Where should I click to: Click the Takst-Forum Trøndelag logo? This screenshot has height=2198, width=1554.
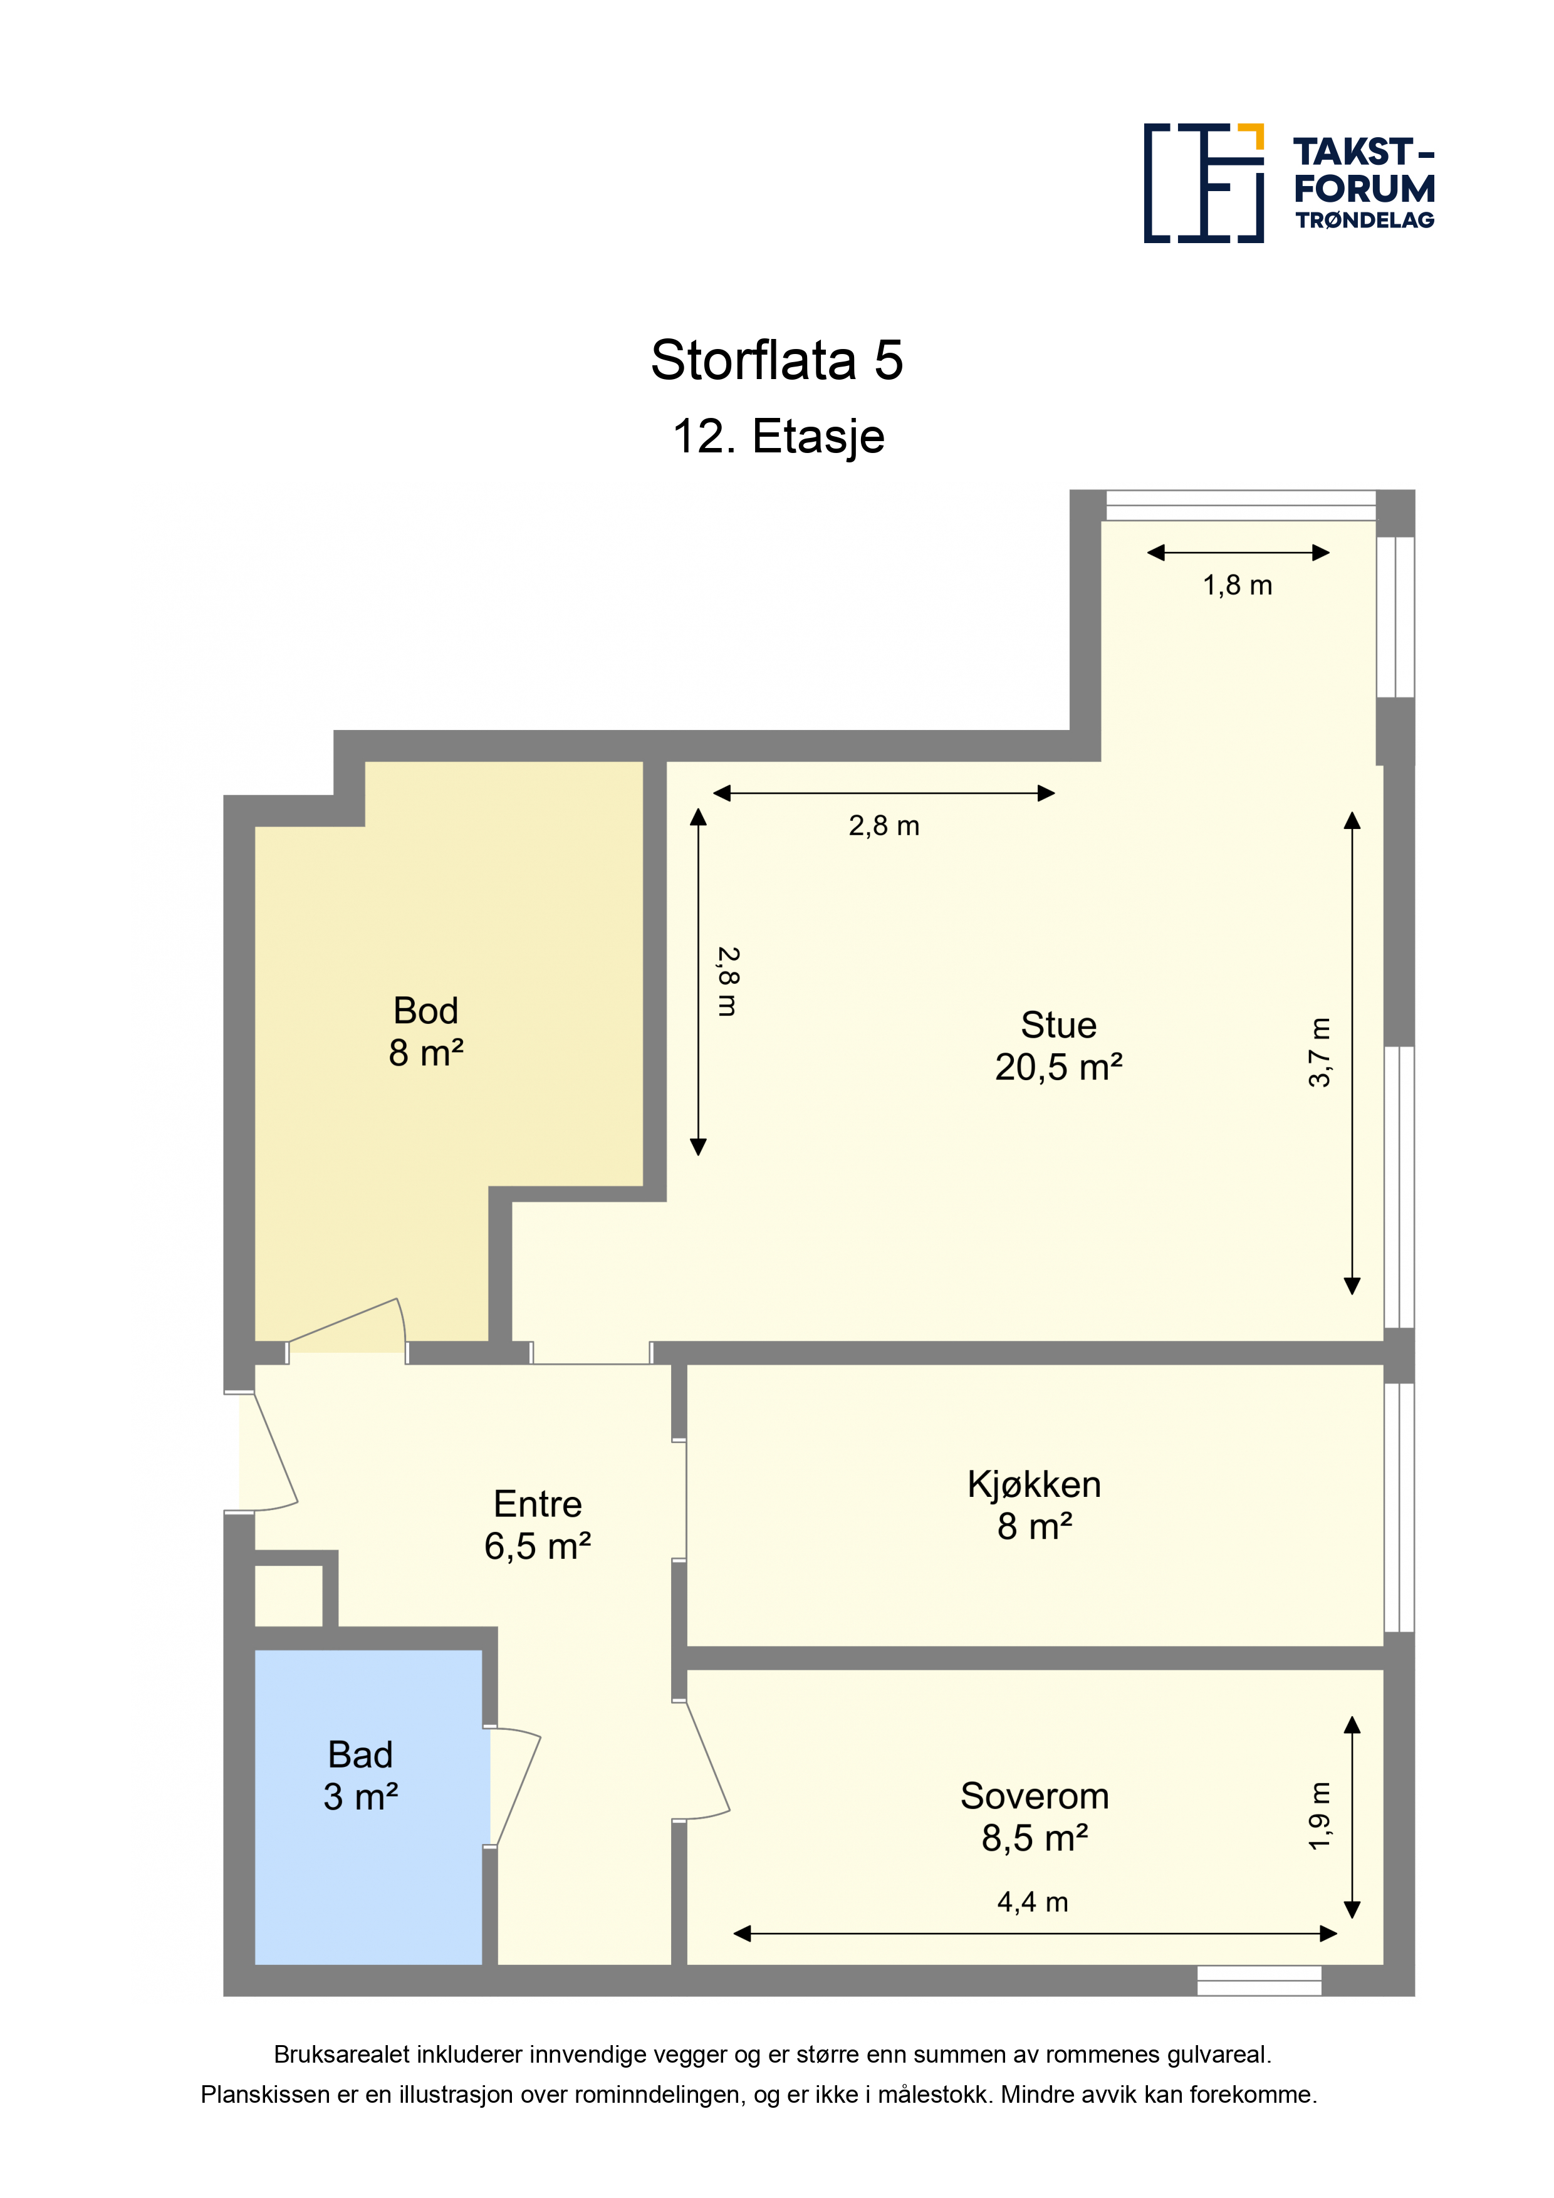point(1289,183)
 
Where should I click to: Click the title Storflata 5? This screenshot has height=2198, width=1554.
point(776,361)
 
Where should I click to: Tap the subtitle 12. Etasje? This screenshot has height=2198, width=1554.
point(778,437)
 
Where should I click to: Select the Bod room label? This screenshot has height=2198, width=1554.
point(426,1032)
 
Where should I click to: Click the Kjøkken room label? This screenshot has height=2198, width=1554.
point(1034,1505)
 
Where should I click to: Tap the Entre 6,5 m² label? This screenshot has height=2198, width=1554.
point(537,1525)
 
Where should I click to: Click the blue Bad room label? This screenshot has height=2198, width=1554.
point(360,1776)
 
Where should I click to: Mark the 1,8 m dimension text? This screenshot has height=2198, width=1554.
point(1237,585)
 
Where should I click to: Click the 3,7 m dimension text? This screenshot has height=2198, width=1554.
point(1320,1052)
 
